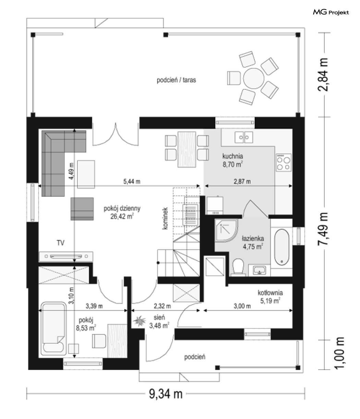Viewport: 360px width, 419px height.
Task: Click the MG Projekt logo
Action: coord(331,12)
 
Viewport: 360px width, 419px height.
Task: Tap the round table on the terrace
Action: coord(254,78)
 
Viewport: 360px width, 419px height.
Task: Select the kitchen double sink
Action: coord(243,137)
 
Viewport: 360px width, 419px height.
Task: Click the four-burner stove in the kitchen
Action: coord(284,163)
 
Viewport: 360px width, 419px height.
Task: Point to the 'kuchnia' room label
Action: coord(233,156)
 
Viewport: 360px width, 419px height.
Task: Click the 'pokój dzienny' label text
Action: coord(122,208)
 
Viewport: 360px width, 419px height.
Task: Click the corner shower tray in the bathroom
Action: coord(227,231)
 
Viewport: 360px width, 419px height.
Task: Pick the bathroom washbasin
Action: coord(260,270)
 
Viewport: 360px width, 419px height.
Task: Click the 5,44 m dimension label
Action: coord(132,182)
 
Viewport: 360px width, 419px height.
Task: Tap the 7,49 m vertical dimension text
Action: coord(323,229)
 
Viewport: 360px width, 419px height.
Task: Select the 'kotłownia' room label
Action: coord(270,293)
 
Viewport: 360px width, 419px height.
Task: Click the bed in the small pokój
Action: coord(53,329)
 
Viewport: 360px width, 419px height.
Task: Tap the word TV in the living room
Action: coord(60,243)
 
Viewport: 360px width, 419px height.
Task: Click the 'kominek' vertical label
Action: coord(165,218)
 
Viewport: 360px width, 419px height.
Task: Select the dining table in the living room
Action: coord(187,149)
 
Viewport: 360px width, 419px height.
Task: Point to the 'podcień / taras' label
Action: coord(176,80)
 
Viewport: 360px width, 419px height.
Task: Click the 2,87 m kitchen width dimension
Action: coord(242,182)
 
